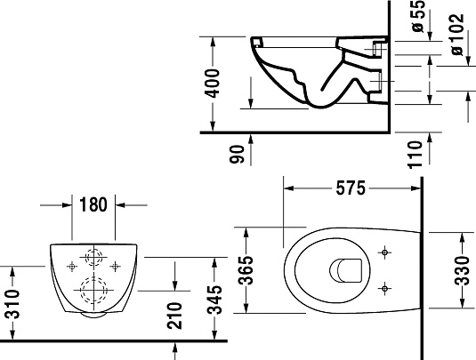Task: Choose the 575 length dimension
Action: click(x=352, y=188)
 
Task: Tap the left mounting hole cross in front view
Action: click(x=72, y=264)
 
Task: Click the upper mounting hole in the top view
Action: click(x=383, y=252)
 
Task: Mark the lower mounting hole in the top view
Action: click(x=383, y=286)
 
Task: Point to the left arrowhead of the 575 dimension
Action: click(x=287, y=188)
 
